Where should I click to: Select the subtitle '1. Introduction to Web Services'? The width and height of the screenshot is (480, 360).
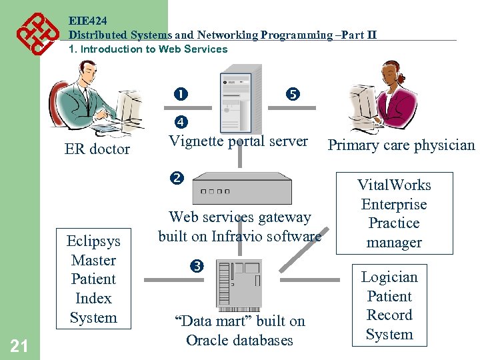pyautogui.click(x=148, y=49)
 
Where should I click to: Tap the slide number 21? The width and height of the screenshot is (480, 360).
pyautogui.click(x=20, y=345)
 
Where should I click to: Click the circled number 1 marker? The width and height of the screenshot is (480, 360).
pyautogui.click(x=181, y=95)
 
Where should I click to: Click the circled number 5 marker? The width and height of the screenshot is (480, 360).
pyautogui.click(x=293, y=95)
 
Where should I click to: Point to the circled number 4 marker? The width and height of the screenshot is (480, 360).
pyautogui.click(x=181, y=122)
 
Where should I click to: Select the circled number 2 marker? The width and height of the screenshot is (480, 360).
pyautogui.click(x=176, y=178)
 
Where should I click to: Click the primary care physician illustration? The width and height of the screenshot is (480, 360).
pyautogui.click(x=387, y=100)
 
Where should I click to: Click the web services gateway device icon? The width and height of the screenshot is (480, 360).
pyautogui.click(x=241, y=189)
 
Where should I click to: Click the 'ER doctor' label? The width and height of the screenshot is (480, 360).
pyautogui.click(x=97, y=149)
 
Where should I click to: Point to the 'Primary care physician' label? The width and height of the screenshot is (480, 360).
pyautogui.click(x=401, y=146)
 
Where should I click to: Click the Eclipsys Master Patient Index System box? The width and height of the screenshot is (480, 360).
pyautogui.click(x=93, y=280)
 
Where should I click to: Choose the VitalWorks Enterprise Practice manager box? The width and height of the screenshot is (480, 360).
pyautogui.click(x=394, y=214)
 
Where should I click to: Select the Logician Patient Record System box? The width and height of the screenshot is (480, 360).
pyautogui.click(x=389, y=306)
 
